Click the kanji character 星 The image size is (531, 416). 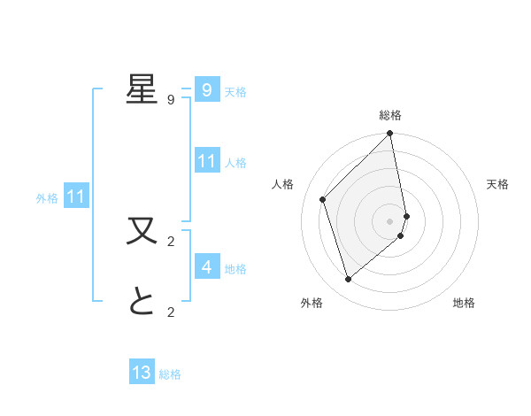142,89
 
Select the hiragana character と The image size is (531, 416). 142,302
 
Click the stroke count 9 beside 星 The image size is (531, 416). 171,100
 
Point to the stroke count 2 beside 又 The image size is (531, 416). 171,241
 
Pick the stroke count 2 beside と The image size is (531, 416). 171,312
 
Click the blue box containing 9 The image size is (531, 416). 206,90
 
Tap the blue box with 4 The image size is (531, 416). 206,266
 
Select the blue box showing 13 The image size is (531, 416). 142,373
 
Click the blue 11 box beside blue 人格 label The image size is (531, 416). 206,161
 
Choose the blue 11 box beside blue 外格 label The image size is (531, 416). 76,196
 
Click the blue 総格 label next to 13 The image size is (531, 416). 170,374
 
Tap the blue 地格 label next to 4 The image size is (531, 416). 235,269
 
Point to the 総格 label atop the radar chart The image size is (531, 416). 390,115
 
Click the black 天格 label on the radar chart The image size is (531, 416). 497,184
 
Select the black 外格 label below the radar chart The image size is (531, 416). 312,303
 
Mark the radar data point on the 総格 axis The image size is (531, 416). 390,134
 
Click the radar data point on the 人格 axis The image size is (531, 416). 323,199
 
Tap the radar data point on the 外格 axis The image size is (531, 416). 348,280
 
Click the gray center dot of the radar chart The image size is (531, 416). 390,220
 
